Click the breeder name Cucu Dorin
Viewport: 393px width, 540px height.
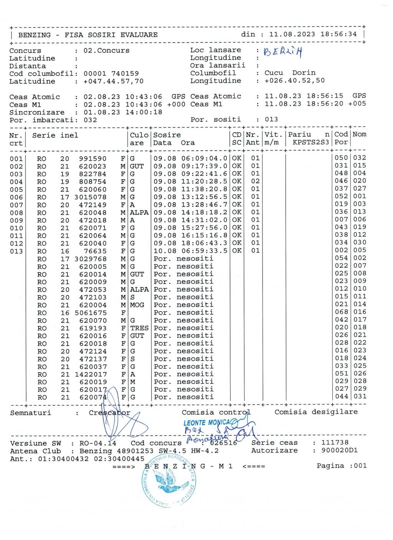tap(290, 73)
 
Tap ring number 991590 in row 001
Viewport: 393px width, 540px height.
tap(92, 158)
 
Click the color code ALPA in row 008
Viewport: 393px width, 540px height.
tap(139, 212)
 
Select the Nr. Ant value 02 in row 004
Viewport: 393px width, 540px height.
tap(255, 181)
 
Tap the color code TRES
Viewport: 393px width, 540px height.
tap(139, 328)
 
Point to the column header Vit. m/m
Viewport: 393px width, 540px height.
tap(273, 138)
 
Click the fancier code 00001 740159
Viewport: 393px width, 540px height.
tap(111, 74)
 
